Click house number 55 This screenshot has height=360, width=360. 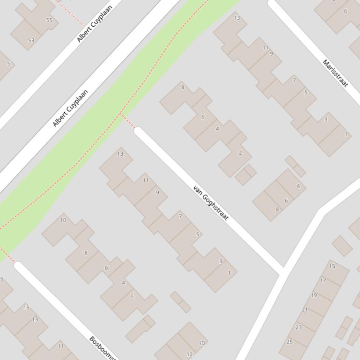(x=49, y=20)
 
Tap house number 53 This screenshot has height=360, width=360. (x=31, y=41)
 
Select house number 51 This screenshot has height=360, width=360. (x=10, y=64)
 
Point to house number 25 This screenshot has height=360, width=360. (x=289, y=342)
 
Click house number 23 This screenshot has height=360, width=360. (x=298, y=327)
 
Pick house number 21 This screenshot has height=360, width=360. (x=305, y=310)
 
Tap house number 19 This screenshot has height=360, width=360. (x=314, y=295)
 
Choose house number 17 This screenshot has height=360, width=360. (x=323, y=281)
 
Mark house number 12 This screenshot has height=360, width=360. (x=190, y=354)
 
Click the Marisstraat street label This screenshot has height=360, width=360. (x=335, y=73)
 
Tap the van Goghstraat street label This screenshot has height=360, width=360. (x=211, y=203)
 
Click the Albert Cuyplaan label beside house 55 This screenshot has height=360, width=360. (x=95, y=24)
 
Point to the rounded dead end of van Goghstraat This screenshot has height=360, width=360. (x=139, y=132)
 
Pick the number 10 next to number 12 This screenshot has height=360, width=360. (x=201, y=343)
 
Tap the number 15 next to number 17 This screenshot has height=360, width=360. (x=332, y=266)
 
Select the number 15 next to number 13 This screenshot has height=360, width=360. (x=26, y=308)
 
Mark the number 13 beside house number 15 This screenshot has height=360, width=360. (x=35, y=319)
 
